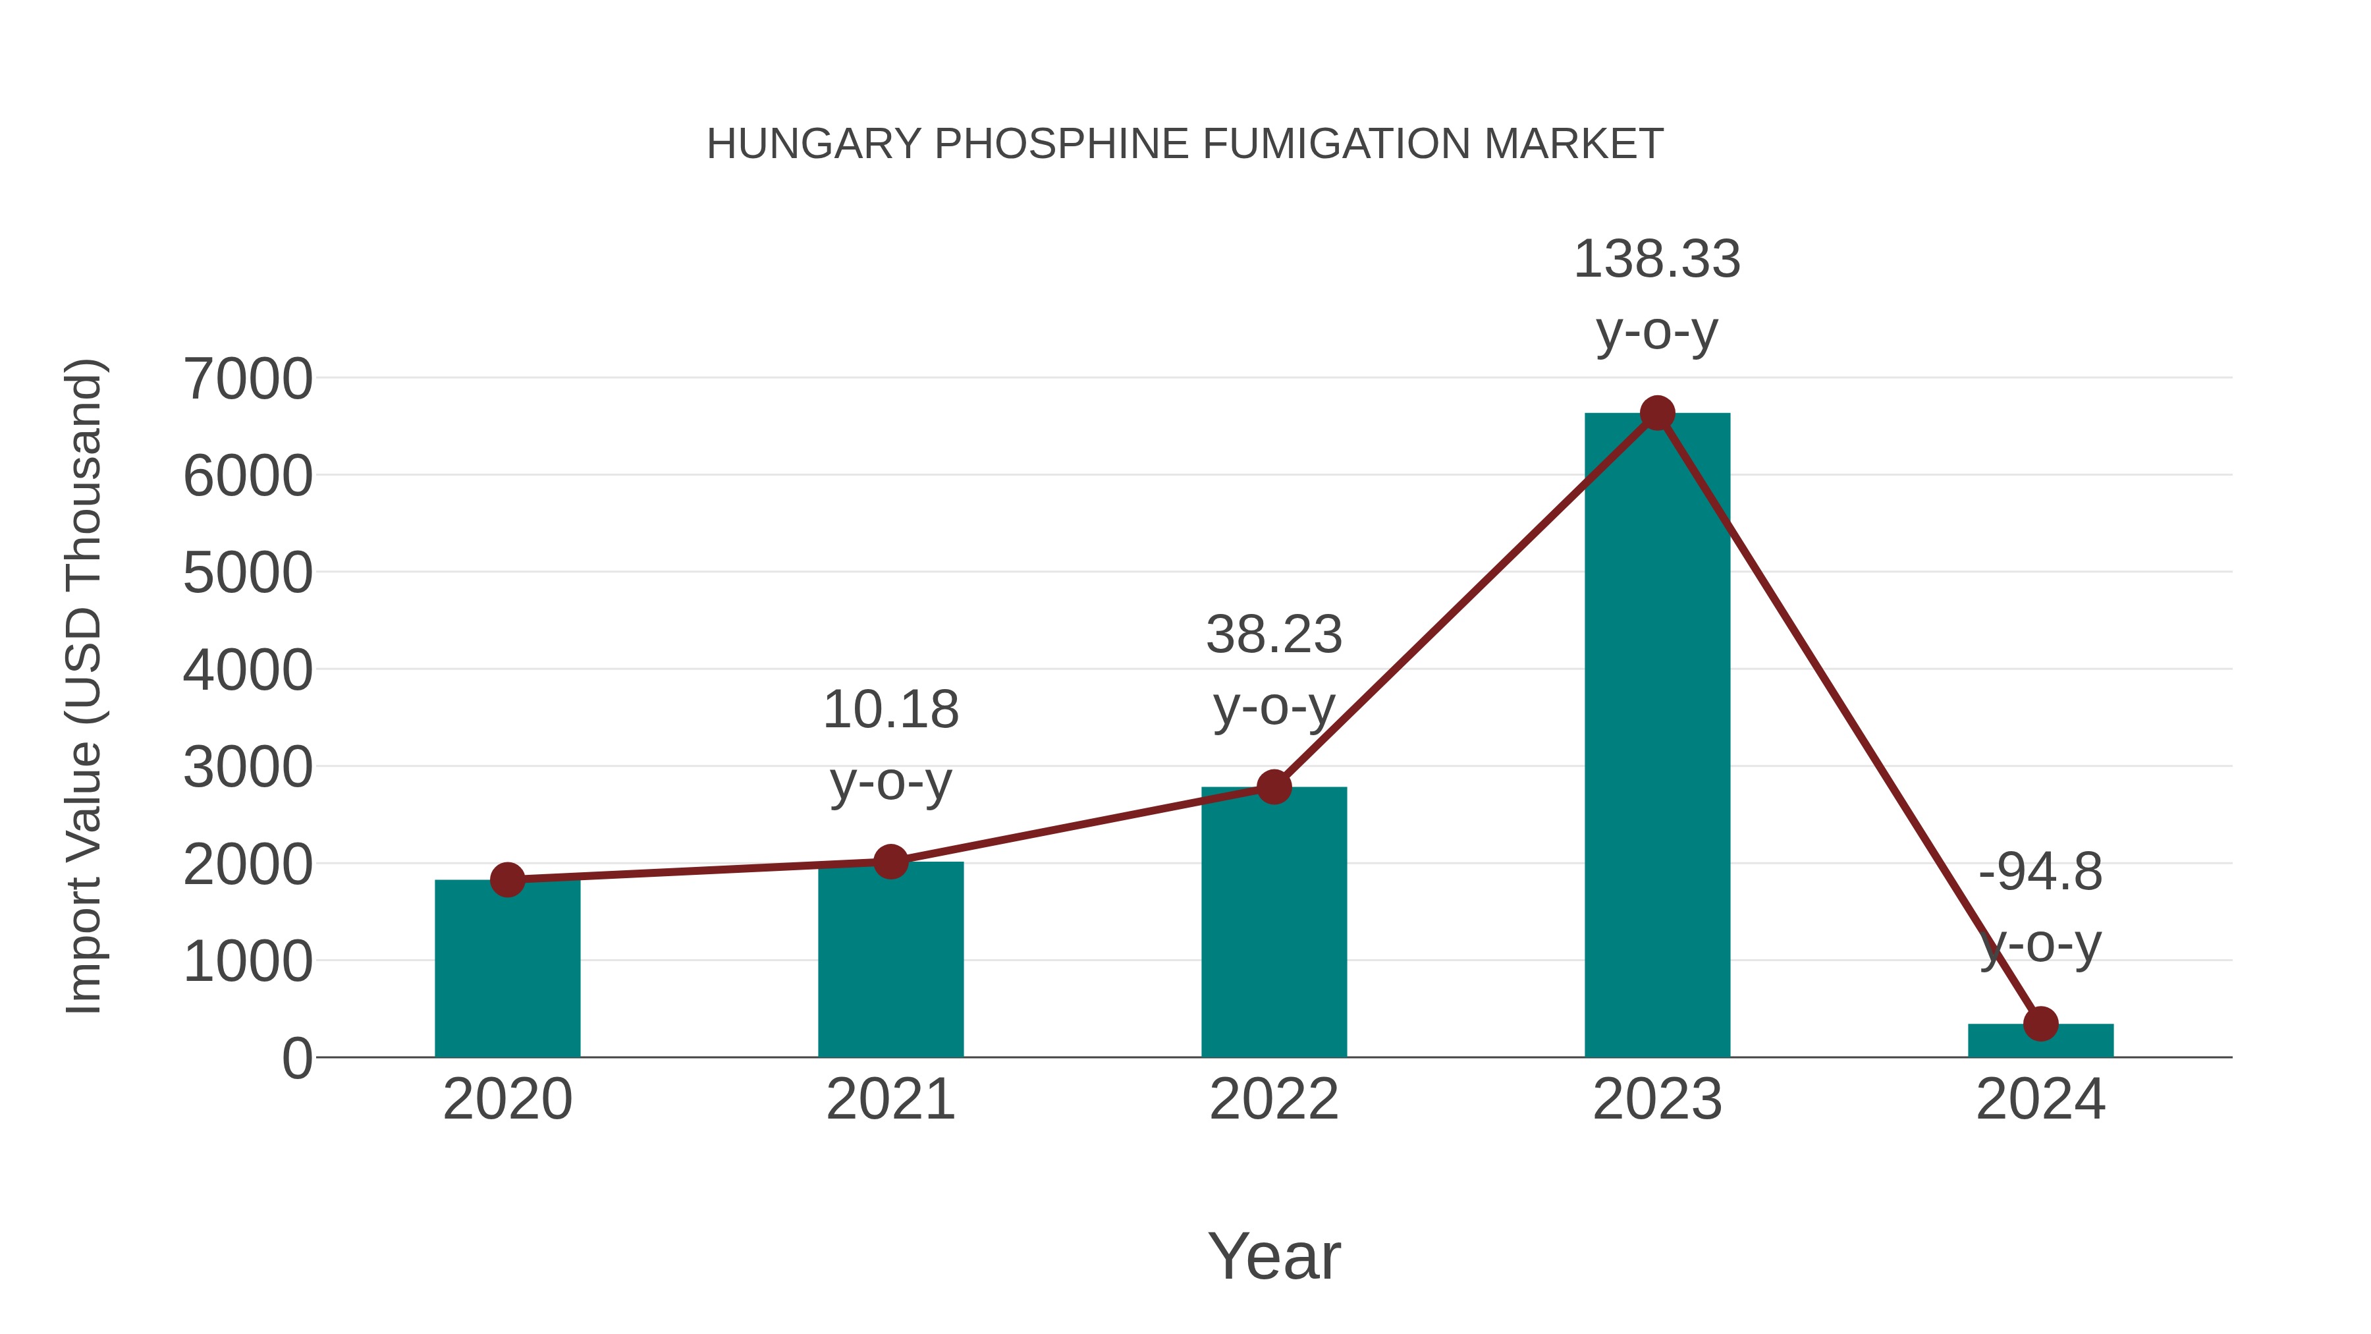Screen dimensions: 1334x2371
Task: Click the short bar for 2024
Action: click(x=2040, y=1042)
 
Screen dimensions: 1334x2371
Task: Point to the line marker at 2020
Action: click(x=507, y=880)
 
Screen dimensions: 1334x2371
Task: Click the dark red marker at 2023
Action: click(x=1657, y=413)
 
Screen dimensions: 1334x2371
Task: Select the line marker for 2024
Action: click(x=2040, y=1024)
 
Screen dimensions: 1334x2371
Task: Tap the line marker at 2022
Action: click(x=1274, y=787)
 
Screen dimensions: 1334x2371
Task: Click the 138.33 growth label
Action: click(x=1657, y=260)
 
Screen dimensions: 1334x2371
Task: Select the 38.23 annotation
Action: click(x=1274, y=635)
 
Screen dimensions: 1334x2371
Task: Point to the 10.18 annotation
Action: click(x=890, y=711)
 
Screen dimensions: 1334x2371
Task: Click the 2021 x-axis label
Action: click(x=890, y=1100)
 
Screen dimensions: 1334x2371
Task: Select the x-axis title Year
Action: click(x=1274, y=1257)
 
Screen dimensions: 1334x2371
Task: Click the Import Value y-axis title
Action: click(x=84, y=686)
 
